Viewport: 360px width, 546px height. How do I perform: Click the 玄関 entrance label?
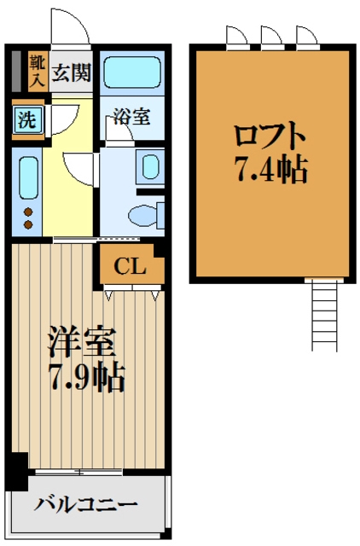tap(72, 73)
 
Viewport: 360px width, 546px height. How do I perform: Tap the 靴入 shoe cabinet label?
tap(37, 72)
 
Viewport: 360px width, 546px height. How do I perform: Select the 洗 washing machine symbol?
tap(28, 119)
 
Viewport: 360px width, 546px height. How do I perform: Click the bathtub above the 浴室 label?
tap(133, 73)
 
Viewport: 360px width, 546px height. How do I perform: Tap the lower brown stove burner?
tap(27, 225)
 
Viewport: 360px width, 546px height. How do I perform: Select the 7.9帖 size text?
tap(85, 375)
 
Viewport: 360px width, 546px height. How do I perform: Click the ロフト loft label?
tap(270, 135)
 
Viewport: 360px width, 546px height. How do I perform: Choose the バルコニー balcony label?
tap(85, 505)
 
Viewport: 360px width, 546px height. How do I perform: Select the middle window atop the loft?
tap(270, 36)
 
